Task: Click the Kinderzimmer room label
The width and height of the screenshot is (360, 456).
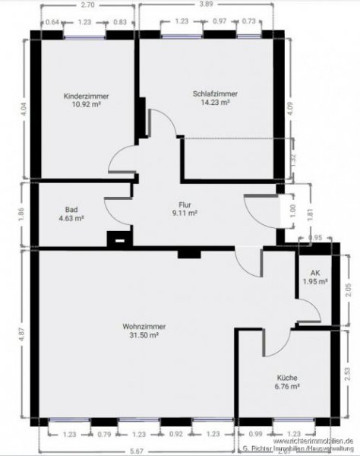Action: pyautogui.click(x=87, y=97)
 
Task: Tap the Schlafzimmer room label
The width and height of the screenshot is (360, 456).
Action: pyautogui.click(x=215, y=94)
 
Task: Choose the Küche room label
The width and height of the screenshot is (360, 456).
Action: pyautogui.click(x=286, y=378)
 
